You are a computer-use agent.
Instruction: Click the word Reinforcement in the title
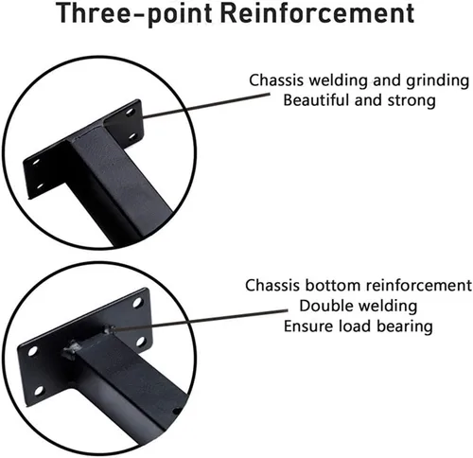coord(317,13)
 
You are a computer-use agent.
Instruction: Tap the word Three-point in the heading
coord(135,13)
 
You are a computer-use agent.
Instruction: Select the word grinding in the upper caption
coord(438,81)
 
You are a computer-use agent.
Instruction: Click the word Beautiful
coord(317,100)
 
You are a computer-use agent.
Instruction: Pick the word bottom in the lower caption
coord(333,286)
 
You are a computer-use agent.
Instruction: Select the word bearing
coord(405,326)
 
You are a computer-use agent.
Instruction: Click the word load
coord(355,326)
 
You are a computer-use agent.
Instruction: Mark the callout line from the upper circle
coord(205,106)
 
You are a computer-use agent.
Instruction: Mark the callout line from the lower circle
coord(199,320)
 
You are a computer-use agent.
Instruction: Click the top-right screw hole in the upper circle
coord(130,113)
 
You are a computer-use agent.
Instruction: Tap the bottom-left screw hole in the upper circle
coord(40,185)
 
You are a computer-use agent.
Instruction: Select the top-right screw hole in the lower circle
coord(137,303)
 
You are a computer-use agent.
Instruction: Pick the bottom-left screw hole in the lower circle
coord(39,391)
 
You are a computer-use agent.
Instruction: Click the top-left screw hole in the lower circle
coord(32,351)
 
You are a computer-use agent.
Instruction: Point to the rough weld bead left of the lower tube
coord(71,350)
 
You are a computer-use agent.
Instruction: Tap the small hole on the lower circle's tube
coord(177,412)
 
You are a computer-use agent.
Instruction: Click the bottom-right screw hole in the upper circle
coord(132,136)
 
